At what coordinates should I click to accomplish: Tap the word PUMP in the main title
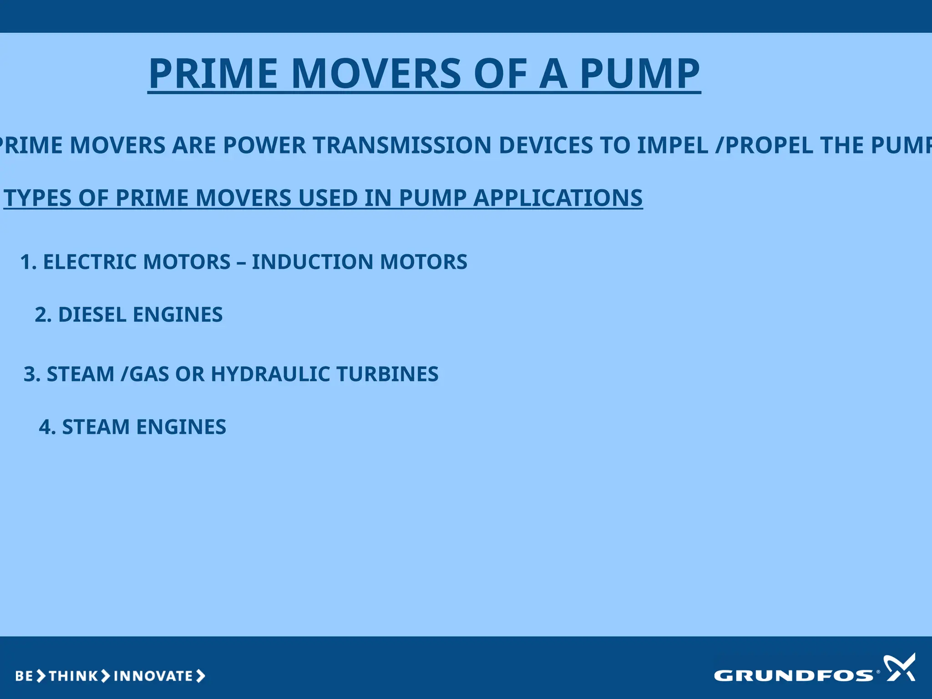pos(639,74)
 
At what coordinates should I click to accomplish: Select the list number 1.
pos(27,262)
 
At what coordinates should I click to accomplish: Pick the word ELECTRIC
pos(90,262)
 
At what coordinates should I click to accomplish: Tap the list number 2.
pos(42,315)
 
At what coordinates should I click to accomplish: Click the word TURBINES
pos(387,374)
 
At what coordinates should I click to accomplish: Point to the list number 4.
pos(46,427)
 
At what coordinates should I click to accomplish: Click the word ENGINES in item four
pos(181,427)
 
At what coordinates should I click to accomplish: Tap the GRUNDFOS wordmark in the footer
pos(793,676)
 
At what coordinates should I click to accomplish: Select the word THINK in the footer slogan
pos(73,676)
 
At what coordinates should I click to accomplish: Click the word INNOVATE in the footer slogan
pos(153,676)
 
